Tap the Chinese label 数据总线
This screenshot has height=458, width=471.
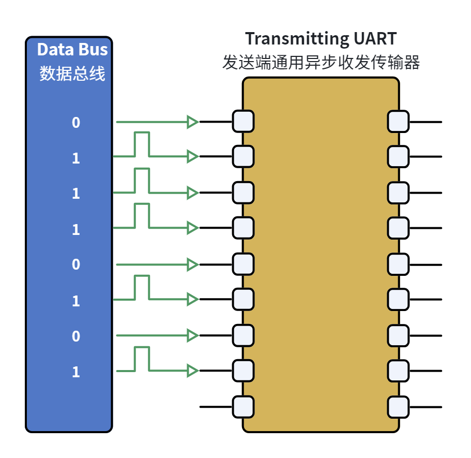coord(72,73)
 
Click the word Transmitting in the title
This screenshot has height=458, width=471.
coord(297,39)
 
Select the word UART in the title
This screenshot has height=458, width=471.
coord(375,38)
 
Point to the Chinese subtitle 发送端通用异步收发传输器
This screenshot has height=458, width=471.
coord(321,63)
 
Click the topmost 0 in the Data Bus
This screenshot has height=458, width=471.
coord(76,123)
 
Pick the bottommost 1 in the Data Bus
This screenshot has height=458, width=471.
coord(76,372)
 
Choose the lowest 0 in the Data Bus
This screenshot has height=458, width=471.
coord(76,336)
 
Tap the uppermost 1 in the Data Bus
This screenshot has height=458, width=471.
coord(76,158)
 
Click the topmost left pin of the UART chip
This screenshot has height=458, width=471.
coord(244,122)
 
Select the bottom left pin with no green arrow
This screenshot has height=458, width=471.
coord(244,407)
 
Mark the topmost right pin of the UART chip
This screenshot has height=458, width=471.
coord(398,122)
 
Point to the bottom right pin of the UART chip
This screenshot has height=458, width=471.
coord(398,407)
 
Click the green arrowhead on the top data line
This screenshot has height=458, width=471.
coord(192,122)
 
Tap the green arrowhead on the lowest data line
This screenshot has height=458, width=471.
coord(192,371)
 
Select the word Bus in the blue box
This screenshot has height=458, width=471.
coord(93,49)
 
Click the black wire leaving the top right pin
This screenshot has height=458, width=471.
coord(426,122)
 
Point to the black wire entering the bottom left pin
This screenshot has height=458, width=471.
coord(216,407)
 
